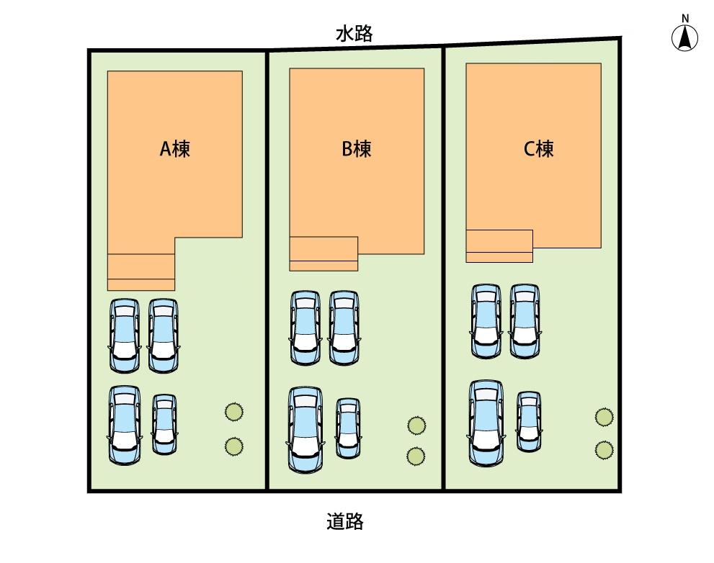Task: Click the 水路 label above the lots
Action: pos(354,34)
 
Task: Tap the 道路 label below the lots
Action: pos(345,521)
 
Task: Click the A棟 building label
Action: pos(175,149)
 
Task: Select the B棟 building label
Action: pos(357,149)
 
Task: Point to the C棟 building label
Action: pos(539,149)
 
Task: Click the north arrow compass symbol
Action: pos(685,37)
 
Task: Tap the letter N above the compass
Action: pos(685,18)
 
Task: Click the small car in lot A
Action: pos(164,424)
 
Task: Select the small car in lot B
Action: pos(348,428)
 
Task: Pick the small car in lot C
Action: pos(529,421)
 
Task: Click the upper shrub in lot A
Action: pos(234,412)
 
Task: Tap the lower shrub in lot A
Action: pos(234,446)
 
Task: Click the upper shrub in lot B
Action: pos(416,425)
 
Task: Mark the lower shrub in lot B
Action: pos(416,456)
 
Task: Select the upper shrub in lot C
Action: pos(604,417)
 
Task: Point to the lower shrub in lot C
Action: pos(604,450)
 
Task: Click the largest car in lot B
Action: pos(305,429)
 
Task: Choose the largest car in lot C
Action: pos(487,423)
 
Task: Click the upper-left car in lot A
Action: pos(125,336)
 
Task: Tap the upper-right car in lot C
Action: pos(525,321)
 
